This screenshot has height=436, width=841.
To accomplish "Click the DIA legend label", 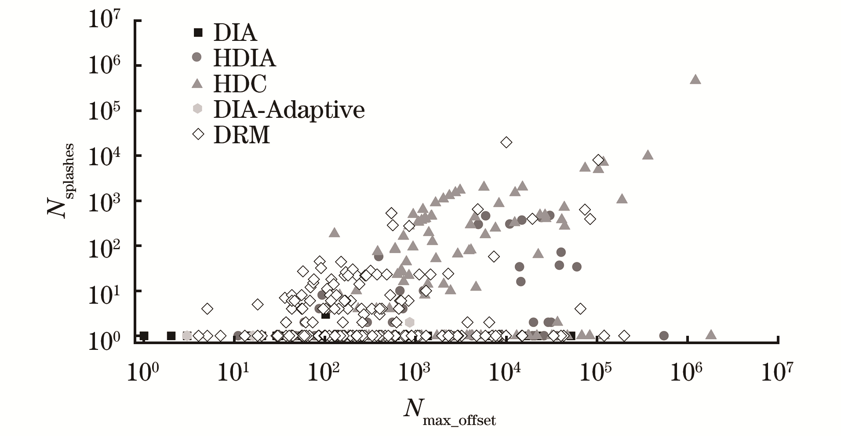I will pos(235,33).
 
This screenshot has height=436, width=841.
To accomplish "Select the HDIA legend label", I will pos(244,58).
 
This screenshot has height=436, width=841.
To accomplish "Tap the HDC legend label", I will pos(240,84).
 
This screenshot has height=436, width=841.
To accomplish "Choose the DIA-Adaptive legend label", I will pos(289,109).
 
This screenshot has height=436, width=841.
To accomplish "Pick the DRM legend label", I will pos(241,135).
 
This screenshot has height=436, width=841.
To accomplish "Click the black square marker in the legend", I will pos(198,32).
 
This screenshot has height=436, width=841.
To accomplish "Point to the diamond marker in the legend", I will pos(198,134).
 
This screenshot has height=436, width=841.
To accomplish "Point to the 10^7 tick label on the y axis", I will pos(105,20).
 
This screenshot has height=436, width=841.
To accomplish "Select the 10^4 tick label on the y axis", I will pos(105,155).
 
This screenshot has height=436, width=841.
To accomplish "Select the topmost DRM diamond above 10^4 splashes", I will pos(506,142).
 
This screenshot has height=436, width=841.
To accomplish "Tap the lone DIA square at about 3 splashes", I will pos(325,315).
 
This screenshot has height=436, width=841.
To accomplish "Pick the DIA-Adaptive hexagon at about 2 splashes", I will pos(409,322).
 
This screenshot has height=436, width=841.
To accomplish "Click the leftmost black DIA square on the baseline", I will pos(144,336).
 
